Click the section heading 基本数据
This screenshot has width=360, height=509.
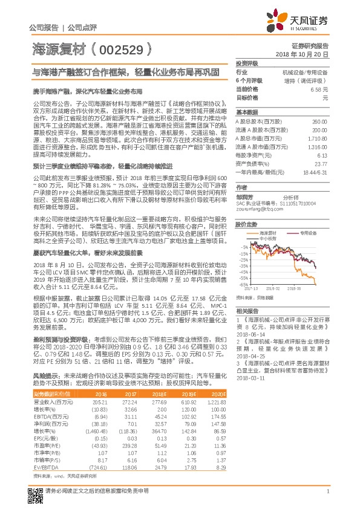pyautogui.click(x=246, y=113)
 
